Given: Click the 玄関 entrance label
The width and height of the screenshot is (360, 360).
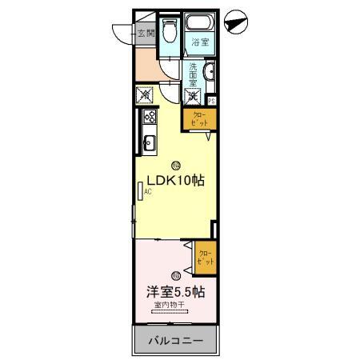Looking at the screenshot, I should click(x=146, y=34).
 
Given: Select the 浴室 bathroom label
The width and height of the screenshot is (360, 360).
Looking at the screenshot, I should click(x=199, y=43).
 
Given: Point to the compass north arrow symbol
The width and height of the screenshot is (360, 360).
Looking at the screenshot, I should click(x=234, y=25).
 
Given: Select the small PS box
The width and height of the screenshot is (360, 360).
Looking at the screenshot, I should click(x=211, y=101).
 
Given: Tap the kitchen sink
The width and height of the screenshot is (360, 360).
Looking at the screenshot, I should click(x=149, y=144).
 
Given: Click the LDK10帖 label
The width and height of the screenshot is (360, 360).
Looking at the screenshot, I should click(x=174, y=181).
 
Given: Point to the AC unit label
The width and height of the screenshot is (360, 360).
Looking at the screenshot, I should click(x=146, y=192).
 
